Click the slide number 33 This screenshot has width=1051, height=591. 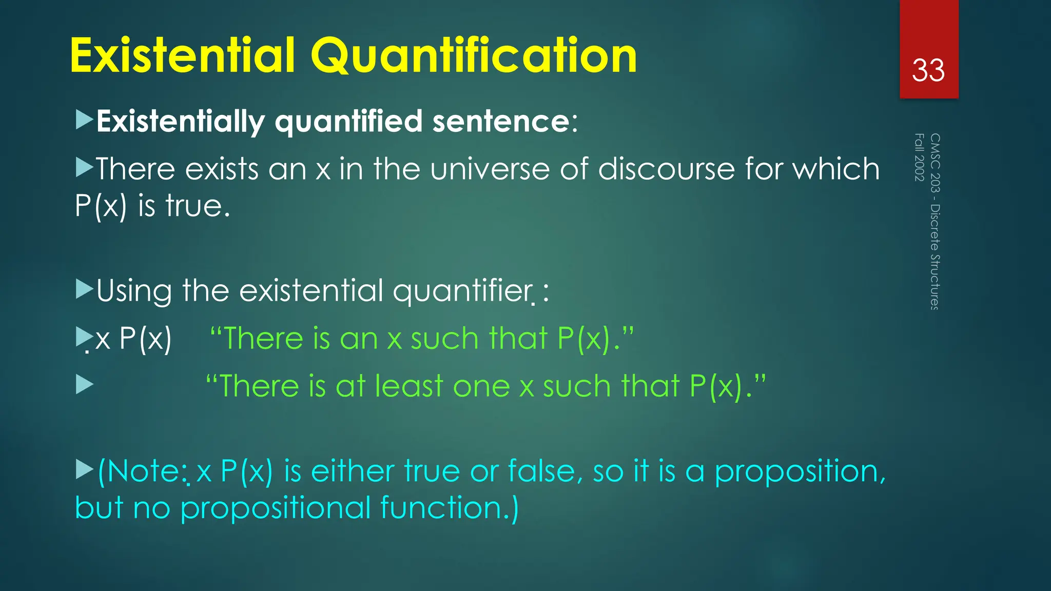(928, 70)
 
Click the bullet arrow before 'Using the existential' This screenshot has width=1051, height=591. (84, 289)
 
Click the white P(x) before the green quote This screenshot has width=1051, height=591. (145, 339)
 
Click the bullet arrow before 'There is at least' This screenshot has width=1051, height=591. (84, 384)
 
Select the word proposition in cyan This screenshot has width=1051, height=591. (798, 472)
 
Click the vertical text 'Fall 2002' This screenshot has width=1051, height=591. (920, 157)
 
